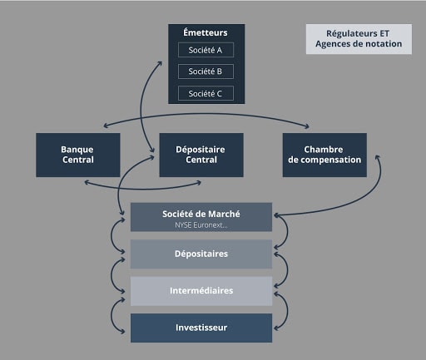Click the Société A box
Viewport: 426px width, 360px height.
[x=206, y=50]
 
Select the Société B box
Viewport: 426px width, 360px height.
[x=206, y=72]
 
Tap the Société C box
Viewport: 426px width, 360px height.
[x=206, y=93]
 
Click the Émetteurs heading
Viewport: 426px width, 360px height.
[x=206, y=33]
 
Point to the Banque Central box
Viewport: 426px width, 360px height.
[x=77, y=155]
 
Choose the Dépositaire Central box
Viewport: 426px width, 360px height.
[x=201, y=155]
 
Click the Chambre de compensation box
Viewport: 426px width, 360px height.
[x=324, y=155]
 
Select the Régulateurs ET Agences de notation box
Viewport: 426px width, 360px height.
[x=359, y=38]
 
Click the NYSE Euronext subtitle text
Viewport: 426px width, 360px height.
[x=201, y=225]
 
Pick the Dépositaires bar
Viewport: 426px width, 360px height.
[x=201, y=254]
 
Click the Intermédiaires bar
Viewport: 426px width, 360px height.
[x=201, y=291]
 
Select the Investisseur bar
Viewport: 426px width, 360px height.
[x=201, y=328]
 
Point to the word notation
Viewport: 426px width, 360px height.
[x=383, y=44]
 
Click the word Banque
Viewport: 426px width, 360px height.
[x=77, y=149]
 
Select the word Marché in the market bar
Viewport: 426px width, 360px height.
[x=223, y=214]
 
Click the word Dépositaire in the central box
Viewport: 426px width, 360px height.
[x=201, y=149]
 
